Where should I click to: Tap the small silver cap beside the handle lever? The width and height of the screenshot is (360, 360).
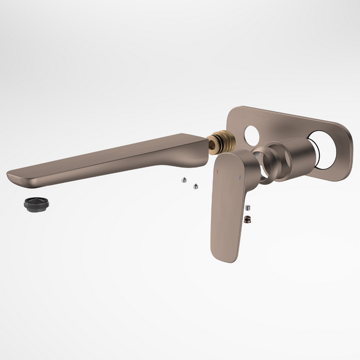(247, 208)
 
